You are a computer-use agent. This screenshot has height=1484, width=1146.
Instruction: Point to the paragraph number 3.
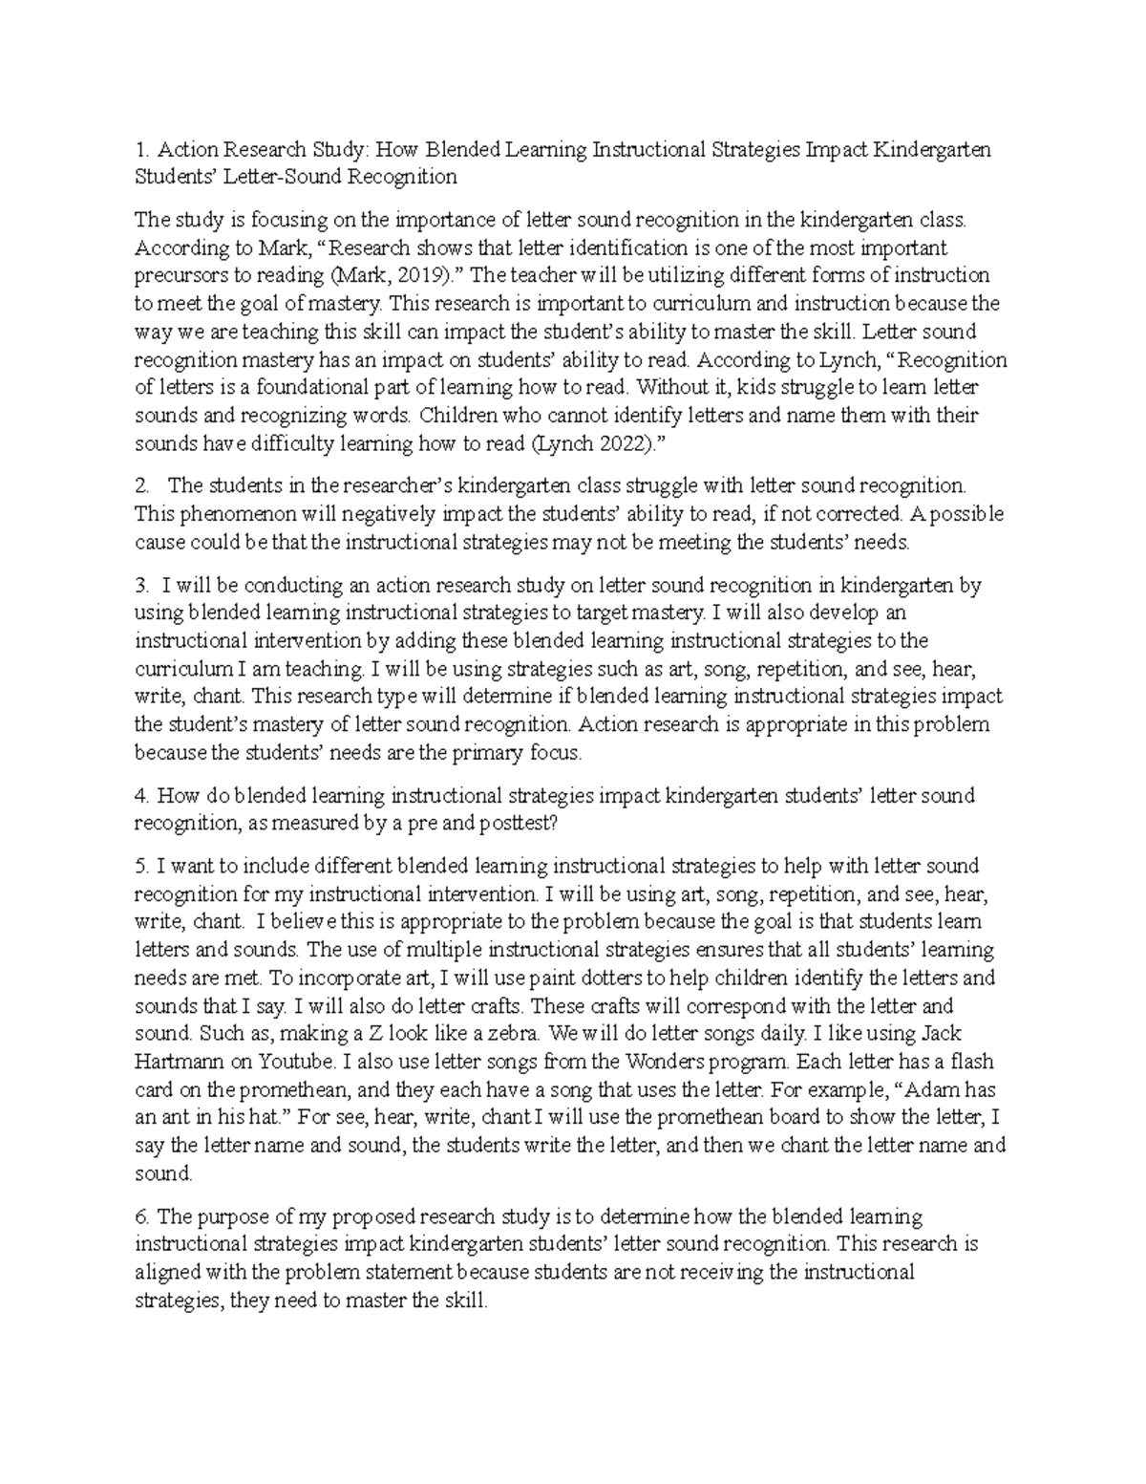[x=140, y=585]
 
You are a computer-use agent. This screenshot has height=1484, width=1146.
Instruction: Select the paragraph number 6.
[x=141, y=1216]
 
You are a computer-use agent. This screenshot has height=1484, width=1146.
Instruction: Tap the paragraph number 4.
[x=140, y=795]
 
